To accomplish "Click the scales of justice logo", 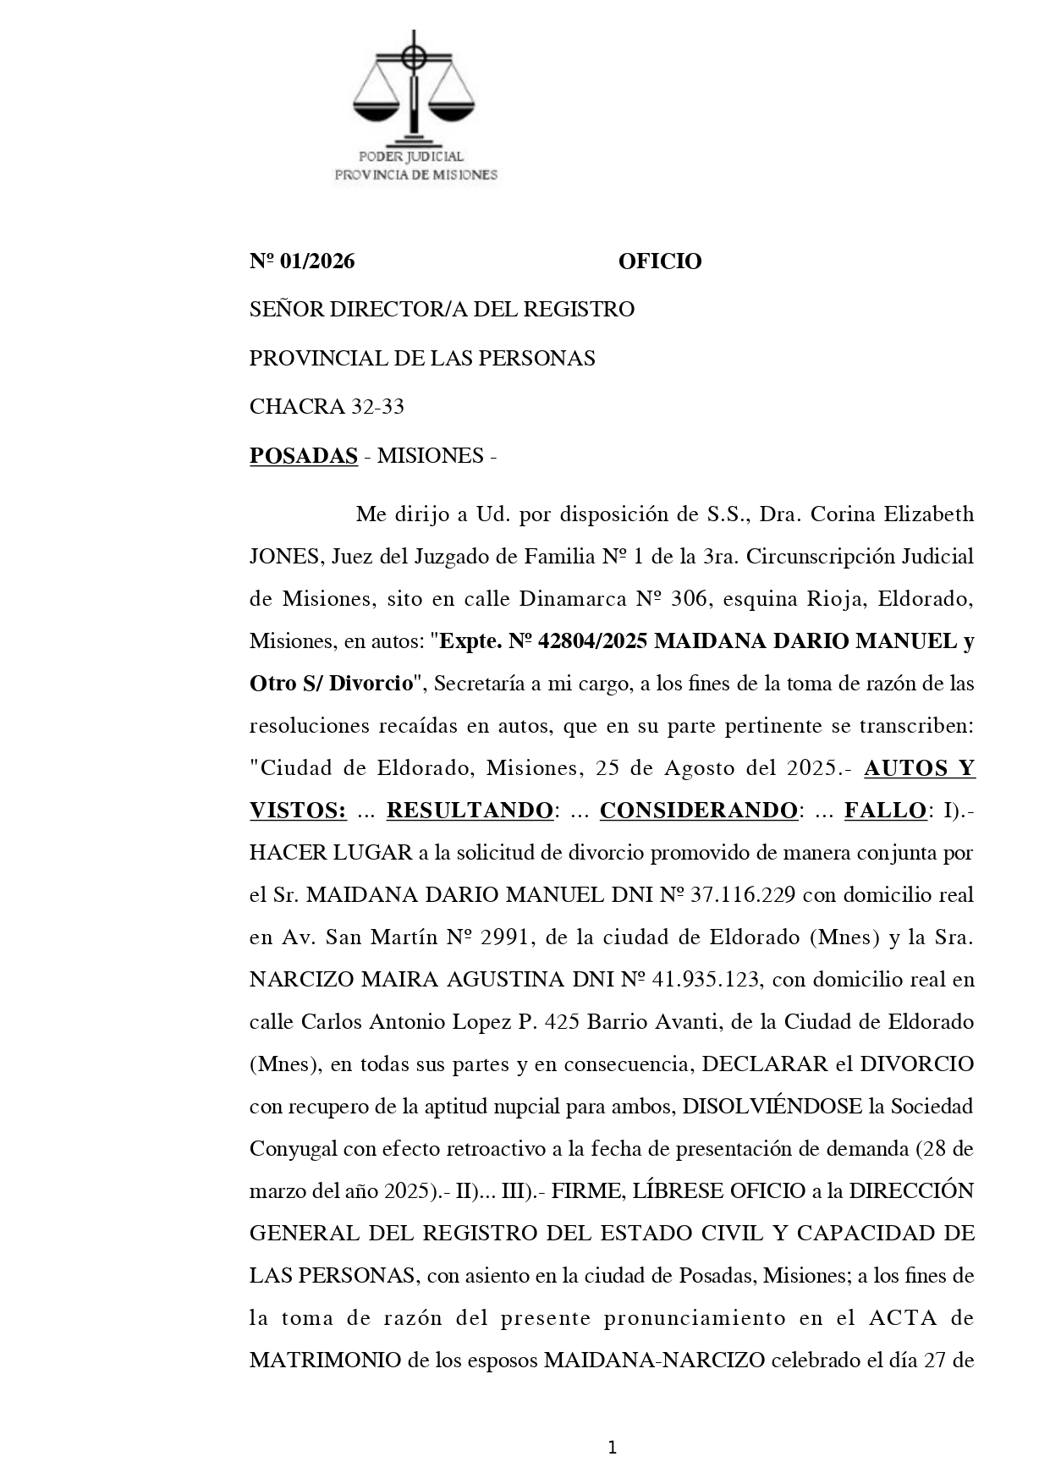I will [x=414, y=89].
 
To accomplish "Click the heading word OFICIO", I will [x=659, y=261].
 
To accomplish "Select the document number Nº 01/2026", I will [x=302, y=261].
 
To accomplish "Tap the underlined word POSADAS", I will [x=303, y=456].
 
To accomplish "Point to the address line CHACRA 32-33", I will [x=327, y=407].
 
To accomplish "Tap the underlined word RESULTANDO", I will [x=470, y=811].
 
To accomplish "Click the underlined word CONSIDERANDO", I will [x=698, y=811].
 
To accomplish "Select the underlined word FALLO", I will [x=884, y=811].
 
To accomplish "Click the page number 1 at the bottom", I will [x=612, y=1425].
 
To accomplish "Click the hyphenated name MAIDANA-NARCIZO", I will [x=654, y=1360].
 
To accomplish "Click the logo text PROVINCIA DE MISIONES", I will [x=416, y=175].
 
